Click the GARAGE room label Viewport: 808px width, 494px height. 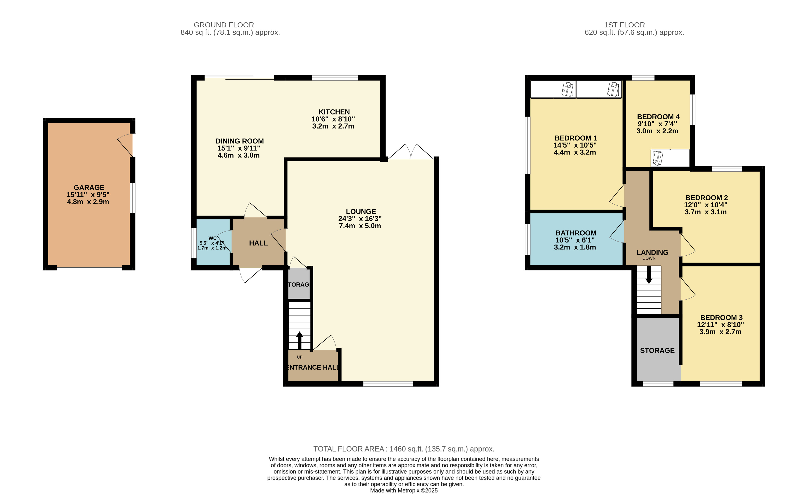(x=89, y=187)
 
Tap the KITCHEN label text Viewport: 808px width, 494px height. (x=334, y=112)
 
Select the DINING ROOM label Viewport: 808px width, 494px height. (x=239, y=141)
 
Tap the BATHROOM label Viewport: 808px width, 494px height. (x=576, y=233)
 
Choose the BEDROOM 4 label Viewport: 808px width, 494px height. (x=658, y=117)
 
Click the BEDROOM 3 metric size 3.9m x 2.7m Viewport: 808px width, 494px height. (x=720, y=332)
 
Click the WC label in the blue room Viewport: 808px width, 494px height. (x=212, y=238)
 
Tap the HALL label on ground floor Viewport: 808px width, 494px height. (x=259, y=243)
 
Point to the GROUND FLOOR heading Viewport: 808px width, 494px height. (x=224, y=25)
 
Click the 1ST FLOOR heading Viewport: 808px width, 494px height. (x=624, y=25)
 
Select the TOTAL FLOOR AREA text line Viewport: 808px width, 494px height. (x=404, y=449)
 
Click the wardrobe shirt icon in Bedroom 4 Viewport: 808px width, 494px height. (x=658, y=158)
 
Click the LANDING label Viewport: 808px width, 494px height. (x=652, y=252)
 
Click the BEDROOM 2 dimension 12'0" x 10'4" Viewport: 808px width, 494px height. (x=706, y=205)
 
